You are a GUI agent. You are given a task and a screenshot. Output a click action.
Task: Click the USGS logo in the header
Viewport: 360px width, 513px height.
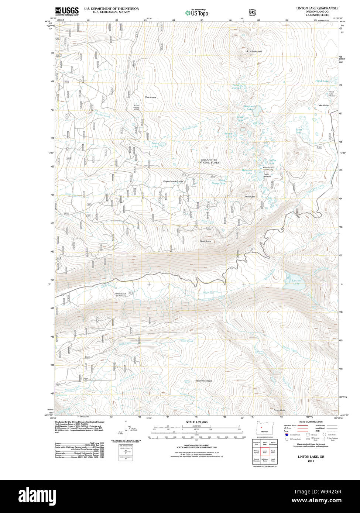67,11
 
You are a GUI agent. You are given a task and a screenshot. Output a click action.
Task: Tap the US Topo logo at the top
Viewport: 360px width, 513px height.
196,13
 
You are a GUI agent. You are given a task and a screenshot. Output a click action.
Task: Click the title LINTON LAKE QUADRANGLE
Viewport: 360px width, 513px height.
317,8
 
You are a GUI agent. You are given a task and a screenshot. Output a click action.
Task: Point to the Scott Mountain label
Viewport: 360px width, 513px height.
254,51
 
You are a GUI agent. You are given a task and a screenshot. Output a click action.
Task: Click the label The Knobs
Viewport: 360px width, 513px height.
150,97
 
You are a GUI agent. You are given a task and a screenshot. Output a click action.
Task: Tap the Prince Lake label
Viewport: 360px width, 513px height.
155,145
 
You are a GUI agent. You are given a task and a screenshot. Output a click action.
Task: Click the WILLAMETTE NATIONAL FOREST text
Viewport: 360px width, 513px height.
209,161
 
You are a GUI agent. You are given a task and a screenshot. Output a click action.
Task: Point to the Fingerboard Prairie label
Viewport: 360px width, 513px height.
174,182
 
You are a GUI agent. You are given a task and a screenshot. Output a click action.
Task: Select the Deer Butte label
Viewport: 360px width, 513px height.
205,241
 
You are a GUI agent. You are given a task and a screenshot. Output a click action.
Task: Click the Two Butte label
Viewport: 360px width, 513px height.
250,197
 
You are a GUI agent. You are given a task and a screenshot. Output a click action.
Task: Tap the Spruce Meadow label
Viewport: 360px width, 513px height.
204,381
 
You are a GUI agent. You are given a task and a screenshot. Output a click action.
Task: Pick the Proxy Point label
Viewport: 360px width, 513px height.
280,410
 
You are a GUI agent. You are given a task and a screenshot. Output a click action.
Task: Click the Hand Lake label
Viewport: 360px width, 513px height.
322,81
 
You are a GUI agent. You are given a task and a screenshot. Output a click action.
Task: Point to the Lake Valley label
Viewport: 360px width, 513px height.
323,106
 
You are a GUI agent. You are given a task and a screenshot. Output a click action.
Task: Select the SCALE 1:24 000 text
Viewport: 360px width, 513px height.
196,422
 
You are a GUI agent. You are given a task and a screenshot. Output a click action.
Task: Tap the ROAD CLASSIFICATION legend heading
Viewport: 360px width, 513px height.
311,422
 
